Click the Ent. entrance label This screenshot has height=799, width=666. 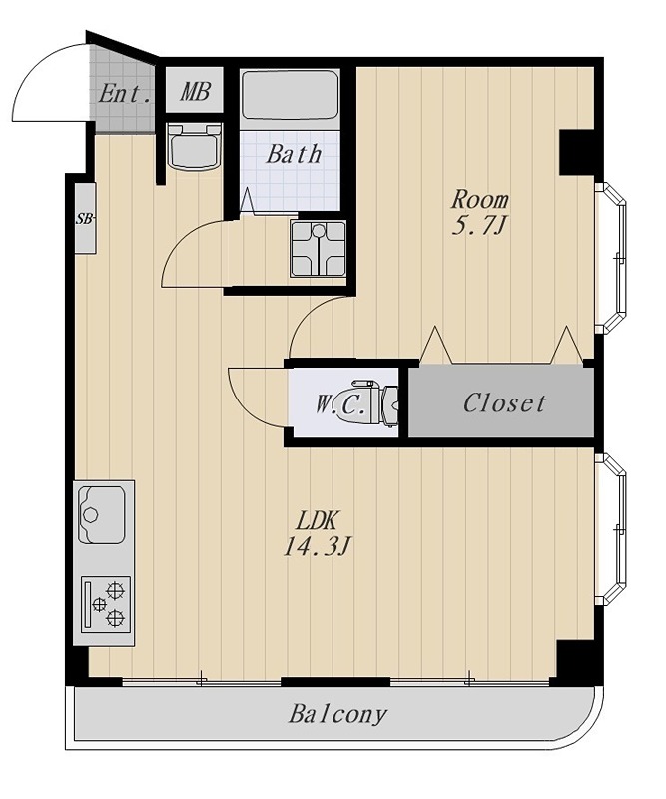click(125, 94)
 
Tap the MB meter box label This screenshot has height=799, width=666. click(195, 92)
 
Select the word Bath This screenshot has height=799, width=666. click(294, 154)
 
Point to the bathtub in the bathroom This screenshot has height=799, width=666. click(290, 95)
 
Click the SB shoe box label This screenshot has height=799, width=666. click(85, 219)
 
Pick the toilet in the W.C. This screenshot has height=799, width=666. click(376, 402)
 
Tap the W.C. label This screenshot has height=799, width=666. click(339, 404)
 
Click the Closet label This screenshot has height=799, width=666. click(504, 403)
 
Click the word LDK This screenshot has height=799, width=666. click(318, 521)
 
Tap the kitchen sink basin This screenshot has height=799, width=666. click(102, 514)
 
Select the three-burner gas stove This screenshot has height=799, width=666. click(106, 603)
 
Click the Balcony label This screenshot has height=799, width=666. click(337, 714)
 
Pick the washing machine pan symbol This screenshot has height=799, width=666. click(318, 248)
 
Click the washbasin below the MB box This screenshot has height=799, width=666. click(194, 146)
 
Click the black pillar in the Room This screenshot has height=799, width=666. click(577, 153)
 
